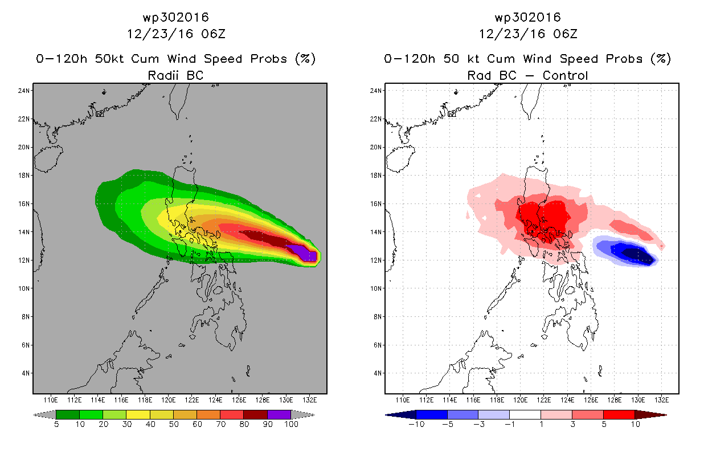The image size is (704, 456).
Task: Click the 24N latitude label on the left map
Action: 23,90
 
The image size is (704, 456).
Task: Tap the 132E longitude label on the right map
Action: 662,398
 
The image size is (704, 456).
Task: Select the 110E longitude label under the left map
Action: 51,398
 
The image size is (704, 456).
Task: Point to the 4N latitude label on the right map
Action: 375,373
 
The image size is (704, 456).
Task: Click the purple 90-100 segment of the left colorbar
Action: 279,415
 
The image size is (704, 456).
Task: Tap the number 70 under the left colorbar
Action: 220,425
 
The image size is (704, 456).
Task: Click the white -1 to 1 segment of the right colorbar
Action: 525,415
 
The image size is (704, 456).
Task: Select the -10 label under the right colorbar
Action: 416,425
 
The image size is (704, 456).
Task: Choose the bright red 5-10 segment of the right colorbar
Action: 619,415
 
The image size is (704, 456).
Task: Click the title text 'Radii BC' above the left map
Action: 175,75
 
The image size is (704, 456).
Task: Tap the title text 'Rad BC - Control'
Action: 527,75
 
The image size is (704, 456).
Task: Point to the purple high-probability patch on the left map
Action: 302,251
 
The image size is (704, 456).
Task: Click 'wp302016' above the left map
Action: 175,18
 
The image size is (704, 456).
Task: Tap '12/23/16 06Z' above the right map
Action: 527,34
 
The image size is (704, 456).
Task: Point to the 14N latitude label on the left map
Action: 23,232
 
